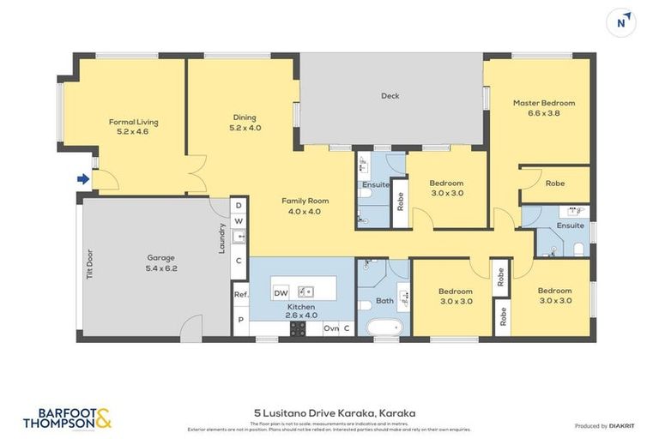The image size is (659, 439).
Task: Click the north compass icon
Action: tap(620, 21)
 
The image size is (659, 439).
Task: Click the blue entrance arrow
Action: tap(82, 179)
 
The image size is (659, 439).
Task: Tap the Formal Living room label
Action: tap(133, 128)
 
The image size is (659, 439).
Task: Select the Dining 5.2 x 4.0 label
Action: tap(245, 123)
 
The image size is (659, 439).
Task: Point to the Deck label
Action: tap(390, 96)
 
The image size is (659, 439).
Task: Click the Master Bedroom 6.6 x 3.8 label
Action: tap(544, 107)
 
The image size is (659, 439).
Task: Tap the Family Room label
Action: tap(305, 206)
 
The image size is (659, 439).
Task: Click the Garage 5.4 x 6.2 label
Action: tap(160, 262)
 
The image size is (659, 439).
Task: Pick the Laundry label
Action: tap(222, 238)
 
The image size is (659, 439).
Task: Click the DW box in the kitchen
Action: tap(281, 293)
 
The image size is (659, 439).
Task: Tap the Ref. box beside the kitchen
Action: tap(240, 295)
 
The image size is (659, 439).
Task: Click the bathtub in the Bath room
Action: tap(384, 328)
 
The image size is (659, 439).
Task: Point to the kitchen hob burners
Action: tap(298, 328)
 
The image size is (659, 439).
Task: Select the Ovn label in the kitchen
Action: tap(330, 328)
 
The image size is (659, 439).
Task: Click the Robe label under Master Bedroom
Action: tap(555, 183)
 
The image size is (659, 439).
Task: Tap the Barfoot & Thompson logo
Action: tap(67, 418)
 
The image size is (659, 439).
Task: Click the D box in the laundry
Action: tap(239, 207)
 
